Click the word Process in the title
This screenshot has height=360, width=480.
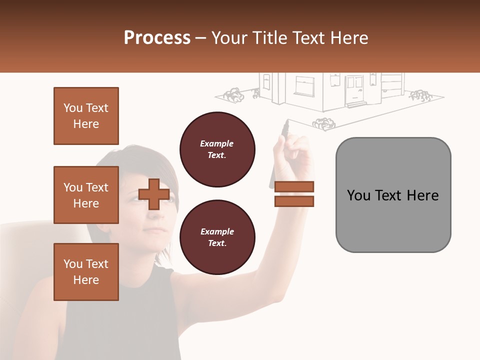(157, 38)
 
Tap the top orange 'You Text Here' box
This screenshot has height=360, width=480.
(86, 116)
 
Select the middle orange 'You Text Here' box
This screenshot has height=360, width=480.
(86, 195)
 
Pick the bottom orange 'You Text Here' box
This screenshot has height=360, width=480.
(86, 272)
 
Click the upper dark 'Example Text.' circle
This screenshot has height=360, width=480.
(217, 149)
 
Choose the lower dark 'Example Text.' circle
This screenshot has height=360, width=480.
(217, 237)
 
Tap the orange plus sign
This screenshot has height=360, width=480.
(154, 194)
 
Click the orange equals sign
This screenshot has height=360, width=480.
(294, 194)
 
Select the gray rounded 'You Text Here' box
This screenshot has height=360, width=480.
(393, 195)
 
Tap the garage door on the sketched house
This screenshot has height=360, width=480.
(392, 82)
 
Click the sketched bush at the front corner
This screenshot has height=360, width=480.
(323, 123)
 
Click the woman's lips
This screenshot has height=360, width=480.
(155, 229)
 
